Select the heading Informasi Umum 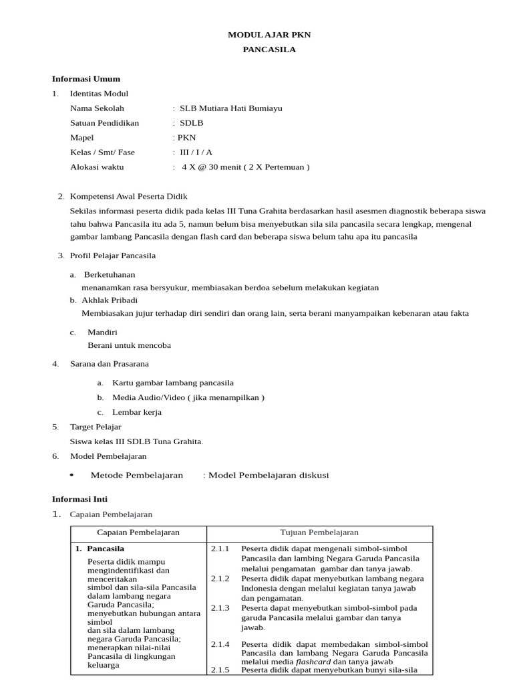pyautogui.click(x=86, y=79)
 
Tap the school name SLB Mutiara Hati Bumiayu pyautogui.click(x=226, y=108)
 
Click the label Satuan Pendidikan pyautogui.click(x=104, y=123)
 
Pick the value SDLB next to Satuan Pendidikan pyautogui.click(x=191, y=123)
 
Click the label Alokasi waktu pyautogui.click(x=97, y=167)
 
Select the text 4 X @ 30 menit pyautogui.click(x=218, y=167)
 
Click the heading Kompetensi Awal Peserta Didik pyautogui.click(x=129, y=196)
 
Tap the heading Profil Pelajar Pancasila pyautogui.click(x=112, y=255)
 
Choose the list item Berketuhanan pyautogui.click(x=110, y=274)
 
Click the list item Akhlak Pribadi pyautogui.click(x=110, y=300)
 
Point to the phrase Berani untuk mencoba pyautogui.click(x=130, y=345)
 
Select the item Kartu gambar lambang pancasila pyautogui.click(x=173, y=383)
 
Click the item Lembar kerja pyautogui.click(x=137, y=412)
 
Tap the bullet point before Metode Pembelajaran pyautogui.click(x=71, y=475)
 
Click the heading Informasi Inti pyautogui.click(x=79, y=499)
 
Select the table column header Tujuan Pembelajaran pyautogui.click(x=319, y=532)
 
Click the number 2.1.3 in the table pyautogui.click(x=220, y=607)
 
